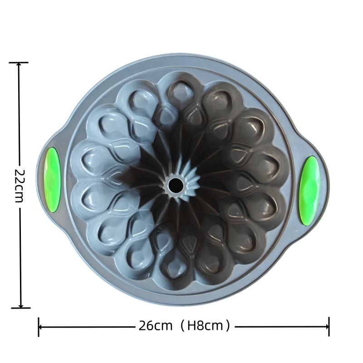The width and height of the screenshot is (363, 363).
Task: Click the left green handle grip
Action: coord(52,180)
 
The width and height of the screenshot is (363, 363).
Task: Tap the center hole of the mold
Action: coord(175,185)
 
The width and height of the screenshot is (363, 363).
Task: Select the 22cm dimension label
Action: coord(20,186)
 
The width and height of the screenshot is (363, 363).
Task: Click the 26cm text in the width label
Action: coord(156,326)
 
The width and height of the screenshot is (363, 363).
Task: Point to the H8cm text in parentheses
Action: coord(205,326)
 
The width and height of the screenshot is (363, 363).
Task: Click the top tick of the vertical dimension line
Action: coord(19,63)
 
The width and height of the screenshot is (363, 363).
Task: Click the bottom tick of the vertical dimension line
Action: coord(20,308)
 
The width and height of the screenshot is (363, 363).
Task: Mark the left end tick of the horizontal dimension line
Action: coord(39,327)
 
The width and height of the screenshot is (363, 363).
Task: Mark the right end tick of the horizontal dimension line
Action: coord(329,327)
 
